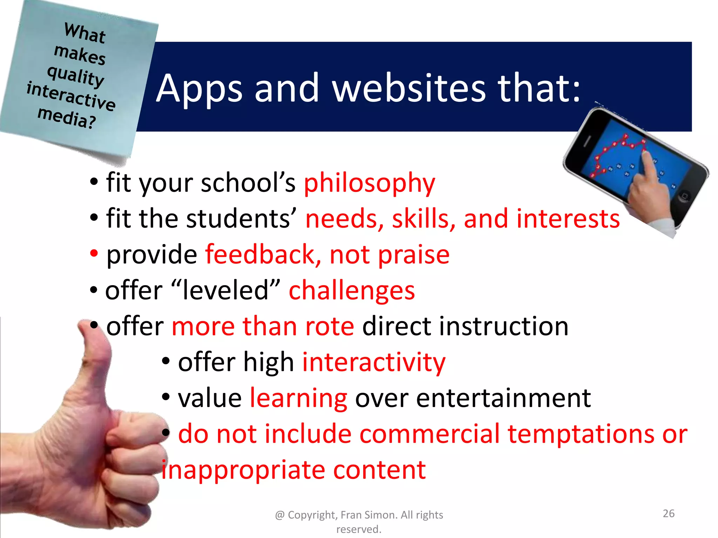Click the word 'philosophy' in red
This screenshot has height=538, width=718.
369,184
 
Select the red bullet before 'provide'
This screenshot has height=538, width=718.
94,253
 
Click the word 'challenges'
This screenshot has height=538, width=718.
352,291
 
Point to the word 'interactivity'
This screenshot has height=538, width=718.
374,362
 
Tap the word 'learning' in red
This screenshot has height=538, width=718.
298,399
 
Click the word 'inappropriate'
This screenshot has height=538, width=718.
243,470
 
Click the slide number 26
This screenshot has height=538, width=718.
669,513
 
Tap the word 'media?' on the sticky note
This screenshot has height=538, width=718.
67,118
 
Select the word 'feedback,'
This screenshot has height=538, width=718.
263,255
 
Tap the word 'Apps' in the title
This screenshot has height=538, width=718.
199,89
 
